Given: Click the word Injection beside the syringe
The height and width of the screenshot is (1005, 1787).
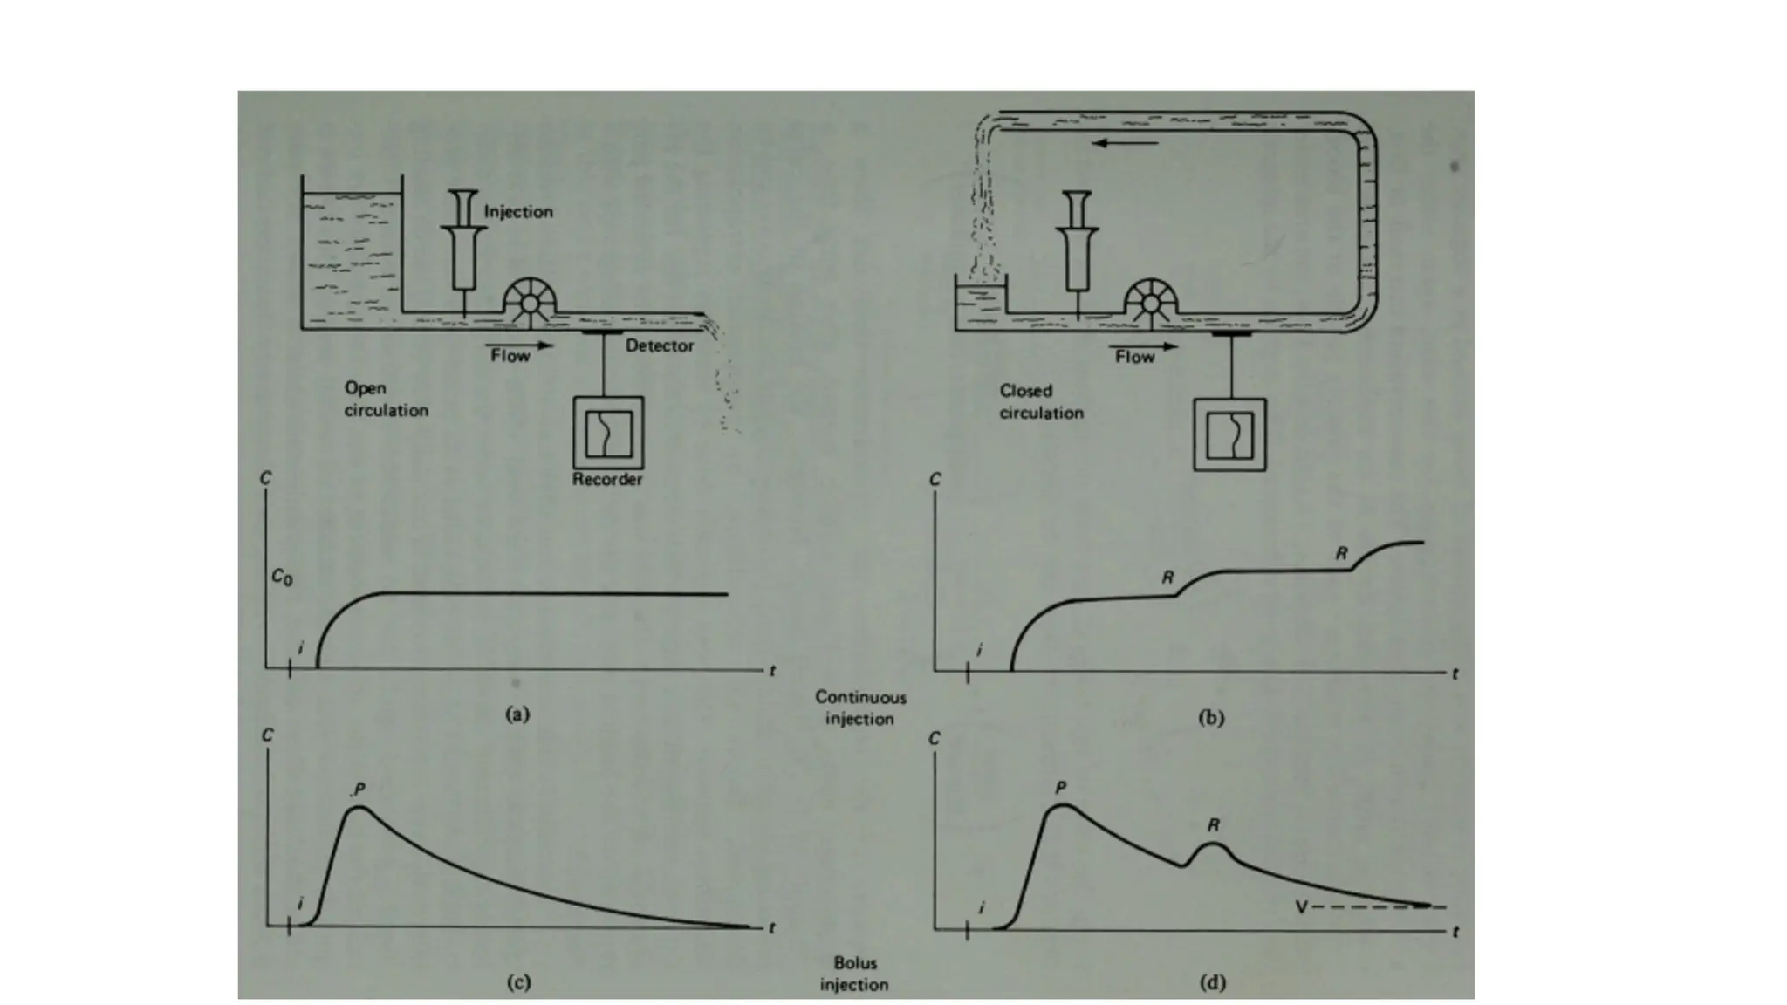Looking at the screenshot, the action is pyautogui.click(x=518, y=212).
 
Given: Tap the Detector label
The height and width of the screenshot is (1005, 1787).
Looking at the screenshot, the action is pyautogui.click(x=659, y=345).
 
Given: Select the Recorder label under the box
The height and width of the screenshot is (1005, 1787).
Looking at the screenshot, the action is pyautogui.click(x=607, y=479).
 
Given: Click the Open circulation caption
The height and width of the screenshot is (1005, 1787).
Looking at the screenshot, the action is pyautogui.click(x=386, y=399).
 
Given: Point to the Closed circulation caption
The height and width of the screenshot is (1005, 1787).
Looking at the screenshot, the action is pyautogui.click(x=1041, y=401).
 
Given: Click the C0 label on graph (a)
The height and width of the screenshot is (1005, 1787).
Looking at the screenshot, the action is pyautogui.click(x=281, y=577).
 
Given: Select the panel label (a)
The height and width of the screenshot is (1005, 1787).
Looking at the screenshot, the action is pyautogui.click(x=517, y=714).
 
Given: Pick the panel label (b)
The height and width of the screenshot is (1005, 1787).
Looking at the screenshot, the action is pyautogui.click(x=1211, y=717).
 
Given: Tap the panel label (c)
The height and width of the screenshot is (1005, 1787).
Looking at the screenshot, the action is pyautogui.click(x=518, y=982).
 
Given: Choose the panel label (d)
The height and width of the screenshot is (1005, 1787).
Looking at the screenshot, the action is pyautogui.click(x=1212, y=982).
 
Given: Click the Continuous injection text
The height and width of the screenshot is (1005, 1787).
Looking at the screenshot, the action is pyautogui.click(x=860, y=708).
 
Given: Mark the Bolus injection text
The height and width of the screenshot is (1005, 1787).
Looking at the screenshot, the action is pyautogui.click(x=854, y=974).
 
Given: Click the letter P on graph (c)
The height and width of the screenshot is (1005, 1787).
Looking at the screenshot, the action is pyautogui.click(x=358, y=790).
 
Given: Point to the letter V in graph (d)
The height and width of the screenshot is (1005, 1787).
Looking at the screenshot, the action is pyautogui.click(x=1301, y=907).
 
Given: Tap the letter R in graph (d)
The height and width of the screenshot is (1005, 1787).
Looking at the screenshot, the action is pyautogui.click(x=1213, y=825).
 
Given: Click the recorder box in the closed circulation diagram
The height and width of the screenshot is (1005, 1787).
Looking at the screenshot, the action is pyautogui.click(x=1229, y=434).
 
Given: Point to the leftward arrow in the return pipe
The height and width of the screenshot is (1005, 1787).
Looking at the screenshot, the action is pyautogui.click(x=1127, y=143).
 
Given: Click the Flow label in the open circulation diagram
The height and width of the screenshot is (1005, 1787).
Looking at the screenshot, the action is pyautogui.click(x=510, y=356).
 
